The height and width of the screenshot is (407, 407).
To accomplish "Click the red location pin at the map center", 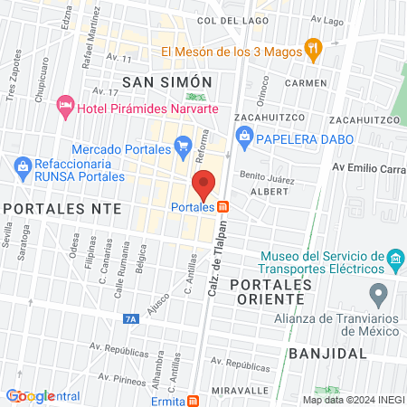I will [203, 185].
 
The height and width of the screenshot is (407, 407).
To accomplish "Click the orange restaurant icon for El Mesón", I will [314, 51].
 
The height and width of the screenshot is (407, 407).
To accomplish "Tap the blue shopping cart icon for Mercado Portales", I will [183, 145].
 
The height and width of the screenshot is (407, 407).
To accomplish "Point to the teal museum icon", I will [394, 262].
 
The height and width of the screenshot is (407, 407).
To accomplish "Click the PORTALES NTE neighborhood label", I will [51, 208].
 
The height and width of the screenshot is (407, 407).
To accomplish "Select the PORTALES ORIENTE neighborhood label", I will [270, 293].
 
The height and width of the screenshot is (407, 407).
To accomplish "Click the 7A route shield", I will [131, 319].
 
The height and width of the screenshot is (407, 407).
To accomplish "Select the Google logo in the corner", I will [30, 396].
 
